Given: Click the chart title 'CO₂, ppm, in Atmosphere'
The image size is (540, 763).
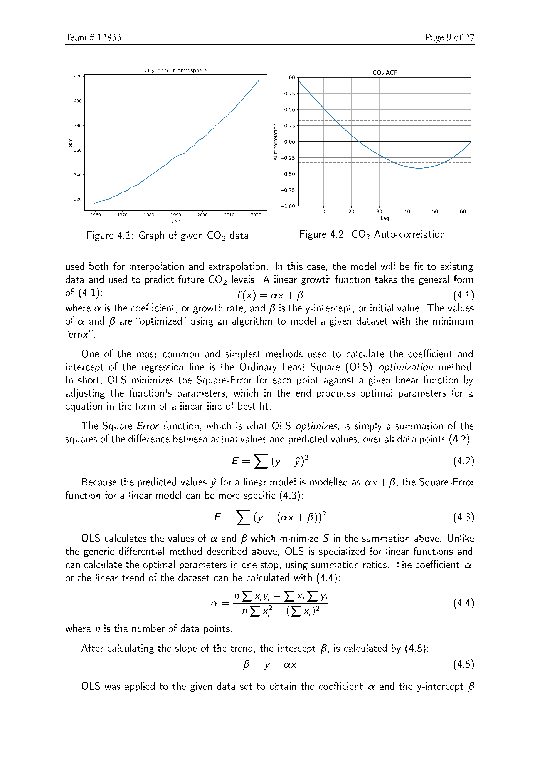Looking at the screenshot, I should point(176,70).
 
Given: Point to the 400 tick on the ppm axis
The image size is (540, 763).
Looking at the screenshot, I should point(78,101).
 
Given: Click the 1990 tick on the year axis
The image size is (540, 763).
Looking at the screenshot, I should point(176,215).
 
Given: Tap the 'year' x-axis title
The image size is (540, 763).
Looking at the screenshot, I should point(176,221).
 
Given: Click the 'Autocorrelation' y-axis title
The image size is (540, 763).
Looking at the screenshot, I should point(275,142).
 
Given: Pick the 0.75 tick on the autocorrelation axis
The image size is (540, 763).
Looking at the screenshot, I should point(289,94).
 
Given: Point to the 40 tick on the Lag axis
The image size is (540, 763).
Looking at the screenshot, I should point(407,212).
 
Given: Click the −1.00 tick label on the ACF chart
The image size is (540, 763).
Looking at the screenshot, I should point(288,206).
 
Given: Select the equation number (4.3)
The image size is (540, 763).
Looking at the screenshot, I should point(463,517).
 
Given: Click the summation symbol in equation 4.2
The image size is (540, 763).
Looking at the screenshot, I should point(261,461).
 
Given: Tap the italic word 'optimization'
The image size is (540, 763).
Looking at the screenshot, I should point(406,367).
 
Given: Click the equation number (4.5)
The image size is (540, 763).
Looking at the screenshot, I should point(463,664).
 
